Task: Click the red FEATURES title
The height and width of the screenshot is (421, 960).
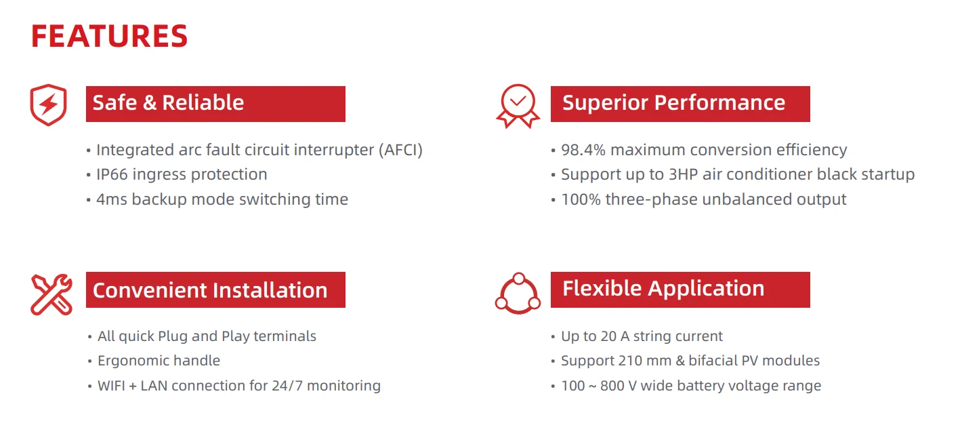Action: point(109,36)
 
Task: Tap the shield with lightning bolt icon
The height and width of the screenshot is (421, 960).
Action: point(48,104)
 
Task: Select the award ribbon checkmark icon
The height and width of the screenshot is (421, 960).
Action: point(518,106)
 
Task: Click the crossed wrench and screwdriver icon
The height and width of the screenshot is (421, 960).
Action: point(51,294)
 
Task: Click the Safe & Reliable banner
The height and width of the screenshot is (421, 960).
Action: point(215,104)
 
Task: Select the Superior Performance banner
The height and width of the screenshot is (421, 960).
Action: point(680,104)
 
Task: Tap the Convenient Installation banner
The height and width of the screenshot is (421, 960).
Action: point(215,289)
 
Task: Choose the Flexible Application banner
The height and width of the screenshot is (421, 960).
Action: point(680,289)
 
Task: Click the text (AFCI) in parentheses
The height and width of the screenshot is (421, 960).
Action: point(400,150)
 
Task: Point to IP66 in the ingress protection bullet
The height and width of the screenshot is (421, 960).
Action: point(112,174)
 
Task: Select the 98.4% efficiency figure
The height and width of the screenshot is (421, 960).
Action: point(583,150)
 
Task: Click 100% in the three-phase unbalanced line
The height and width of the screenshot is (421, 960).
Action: point(581,199)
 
